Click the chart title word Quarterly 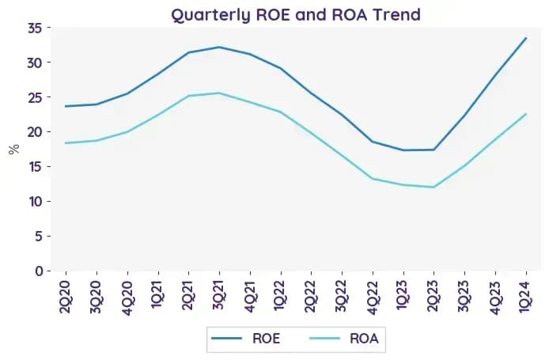(x=210, y=15)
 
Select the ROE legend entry (x=246, y=339)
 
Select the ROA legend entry (x=344, y=339)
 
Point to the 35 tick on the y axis (x=35, y=28)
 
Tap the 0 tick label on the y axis (x=39, y=271)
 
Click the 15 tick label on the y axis (x=36, y=167)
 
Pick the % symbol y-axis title (x=14, y=150)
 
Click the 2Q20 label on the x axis (x=66, y=297)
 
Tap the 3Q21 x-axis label (x=219, y=296)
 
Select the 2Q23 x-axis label (x=434, y=296)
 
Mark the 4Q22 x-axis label (x=373, y=297)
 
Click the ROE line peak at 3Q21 (x=219, y=47)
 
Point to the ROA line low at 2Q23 (x=434, y=187)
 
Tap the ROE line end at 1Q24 (x=526, y=38)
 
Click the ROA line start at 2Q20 (x=66, y=143)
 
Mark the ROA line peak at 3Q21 (x=219, y=93)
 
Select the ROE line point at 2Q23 (x=434, y=150)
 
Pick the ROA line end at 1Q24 (x=526, y=114)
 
